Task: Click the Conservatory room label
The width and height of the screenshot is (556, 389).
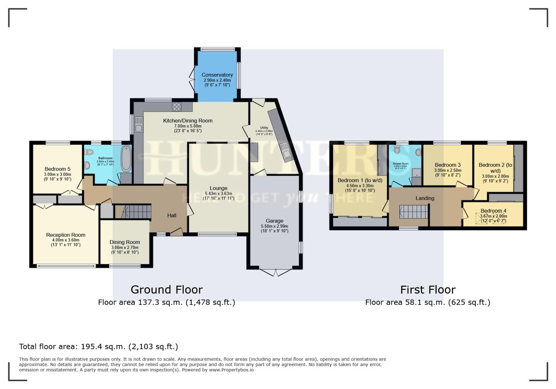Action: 217,75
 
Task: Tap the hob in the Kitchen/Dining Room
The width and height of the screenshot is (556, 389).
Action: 177,106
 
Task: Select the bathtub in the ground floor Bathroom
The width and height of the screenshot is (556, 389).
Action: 126,158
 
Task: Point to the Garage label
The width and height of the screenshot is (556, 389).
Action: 274,221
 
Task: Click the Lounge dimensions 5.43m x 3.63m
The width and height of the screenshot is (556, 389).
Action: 218,193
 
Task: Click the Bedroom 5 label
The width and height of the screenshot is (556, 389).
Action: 58,169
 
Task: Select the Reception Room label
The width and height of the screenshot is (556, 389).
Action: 66,235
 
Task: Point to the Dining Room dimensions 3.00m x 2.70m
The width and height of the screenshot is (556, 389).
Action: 125,247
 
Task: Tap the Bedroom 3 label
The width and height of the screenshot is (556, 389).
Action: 448,165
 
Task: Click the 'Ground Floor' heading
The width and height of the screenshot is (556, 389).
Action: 166,290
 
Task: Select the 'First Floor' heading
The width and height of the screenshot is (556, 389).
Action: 428,290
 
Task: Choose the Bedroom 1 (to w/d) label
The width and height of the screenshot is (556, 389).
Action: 360,180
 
